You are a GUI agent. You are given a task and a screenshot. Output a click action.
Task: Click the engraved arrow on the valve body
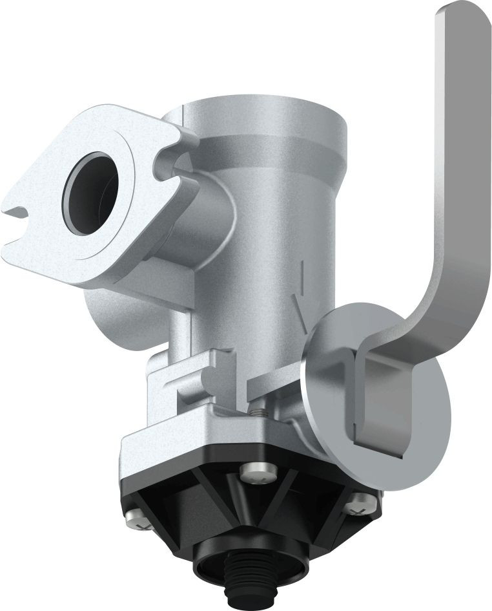point(298,304)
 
